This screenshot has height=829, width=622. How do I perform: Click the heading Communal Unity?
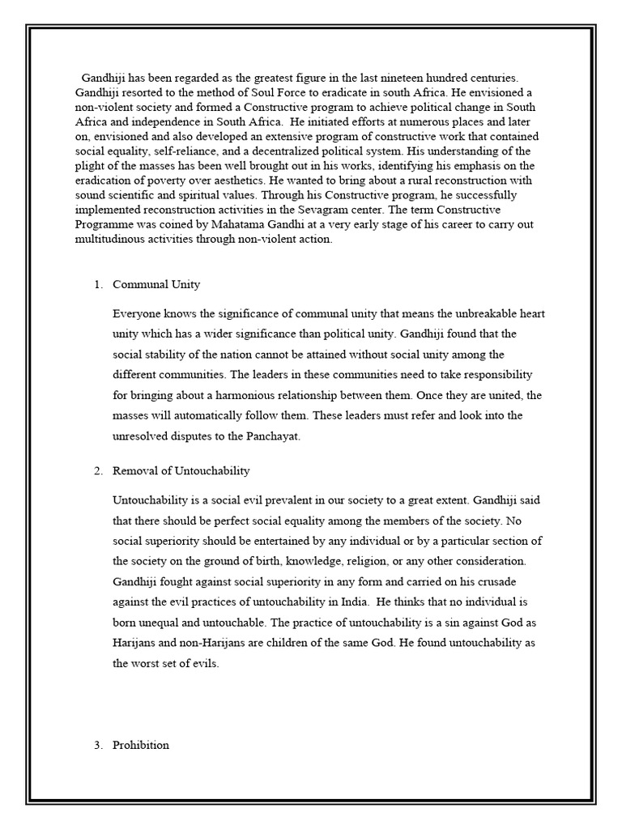[156, 284]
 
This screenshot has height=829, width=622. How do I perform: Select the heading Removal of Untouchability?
[181, 470]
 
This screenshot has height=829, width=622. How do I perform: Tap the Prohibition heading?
[141, 745]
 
